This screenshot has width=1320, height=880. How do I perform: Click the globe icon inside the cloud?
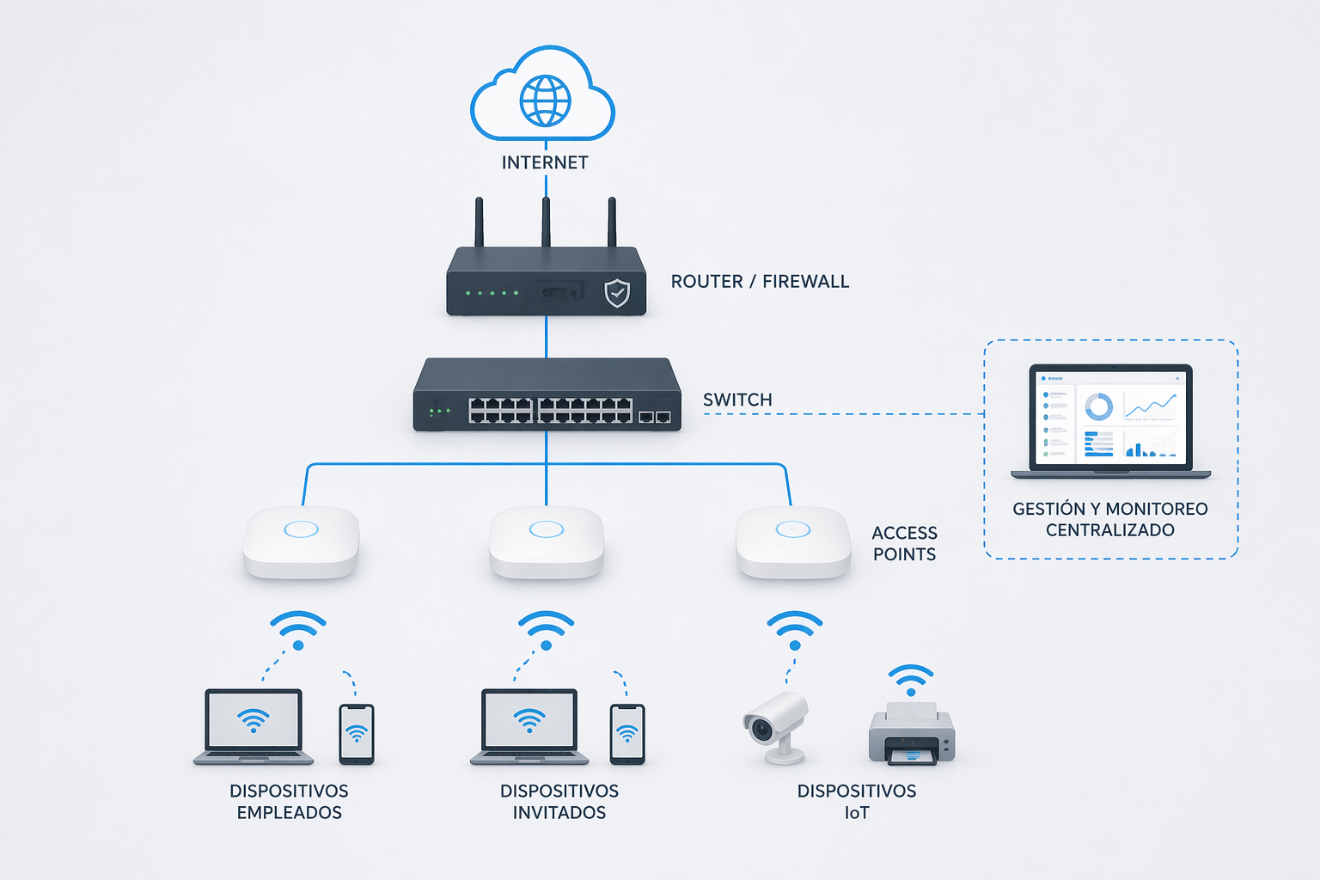(x=545, y=101)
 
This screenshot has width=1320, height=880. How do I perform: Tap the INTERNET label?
(x=545, y=162)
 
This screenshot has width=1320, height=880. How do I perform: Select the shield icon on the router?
(x=617, y=293)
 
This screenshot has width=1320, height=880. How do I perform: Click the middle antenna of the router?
(x=546, y=222)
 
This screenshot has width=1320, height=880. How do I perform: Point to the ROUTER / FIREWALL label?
(x=760, y=282)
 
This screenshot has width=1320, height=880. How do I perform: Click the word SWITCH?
(x=737, y=400)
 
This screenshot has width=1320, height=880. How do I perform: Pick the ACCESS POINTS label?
(x=904, y=544)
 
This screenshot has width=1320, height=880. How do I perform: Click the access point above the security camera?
(x=793, y=541)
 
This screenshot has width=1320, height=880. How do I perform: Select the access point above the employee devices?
(x=301, y=541)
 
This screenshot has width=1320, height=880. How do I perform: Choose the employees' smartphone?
(x=357, y=734)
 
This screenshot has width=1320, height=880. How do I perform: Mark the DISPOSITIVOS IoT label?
(x=857, y=802)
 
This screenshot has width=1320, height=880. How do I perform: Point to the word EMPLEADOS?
(x=290, y=813)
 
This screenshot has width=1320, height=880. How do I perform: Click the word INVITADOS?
(x=559, y=813)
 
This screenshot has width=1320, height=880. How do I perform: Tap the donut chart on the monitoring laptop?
(x=1098, y=406)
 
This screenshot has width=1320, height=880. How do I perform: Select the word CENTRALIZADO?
(x=1110, y=530)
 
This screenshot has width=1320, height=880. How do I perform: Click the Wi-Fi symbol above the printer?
(x=911, y=679)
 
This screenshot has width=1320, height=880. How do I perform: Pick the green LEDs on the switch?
(x=439, y=411)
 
